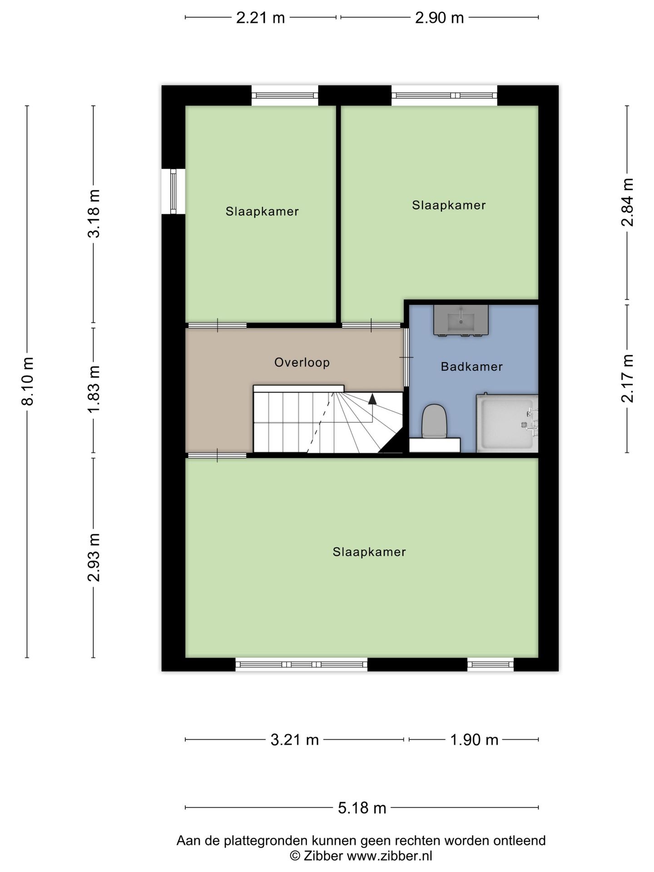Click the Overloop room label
pos(302,362)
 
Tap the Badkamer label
pos(471,367)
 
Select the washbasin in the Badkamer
pos(461,320)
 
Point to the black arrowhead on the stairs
pos(372,399)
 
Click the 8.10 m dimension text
pos(28,381)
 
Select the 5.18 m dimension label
pos(362,808)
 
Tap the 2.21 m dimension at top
pos(260,18)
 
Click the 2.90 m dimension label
pos(439,18)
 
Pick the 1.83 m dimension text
pos(94,390)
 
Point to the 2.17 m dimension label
pos(627,378)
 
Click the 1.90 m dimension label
pos(474,740)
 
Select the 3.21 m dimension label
pos(294,740)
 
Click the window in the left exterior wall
pos(173,191)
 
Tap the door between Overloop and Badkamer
pos(406,357)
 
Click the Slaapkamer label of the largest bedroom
pos(369,552)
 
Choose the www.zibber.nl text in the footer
pos(389,856)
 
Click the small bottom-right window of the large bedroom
pos(490,664)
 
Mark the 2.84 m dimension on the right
pos(627,203)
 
